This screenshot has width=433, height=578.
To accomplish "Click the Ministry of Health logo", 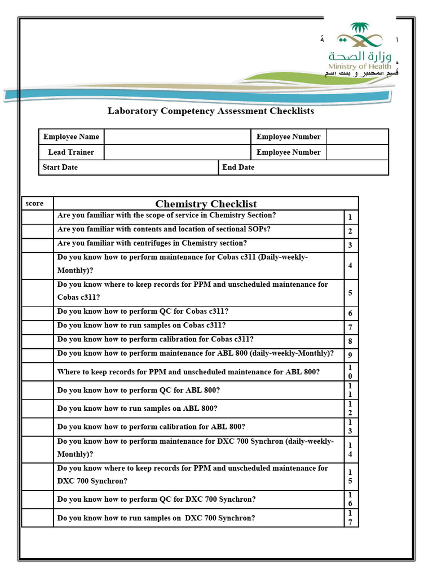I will click(360, 48).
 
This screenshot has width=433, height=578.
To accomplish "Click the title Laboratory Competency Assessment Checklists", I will click(210, 111).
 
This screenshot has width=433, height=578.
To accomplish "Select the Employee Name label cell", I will click(71, 137).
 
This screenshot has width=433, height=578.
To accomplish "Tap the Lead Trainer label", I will click(71, 152).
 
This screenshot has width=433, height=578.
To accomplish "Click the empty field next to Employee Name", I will click(177, 137).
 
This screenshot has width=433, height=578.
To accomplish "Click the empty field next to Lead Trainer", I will click(177, 152).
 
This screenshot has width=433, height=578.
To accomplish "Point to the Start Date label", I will click(60, 168).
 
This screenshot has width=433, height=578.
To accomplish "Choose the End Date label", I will click(238, 168).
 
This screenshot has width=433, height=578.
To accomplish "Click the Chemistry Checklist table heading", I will click(206, 204).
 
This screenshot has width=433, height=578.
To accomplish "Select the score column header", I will click(34, 203).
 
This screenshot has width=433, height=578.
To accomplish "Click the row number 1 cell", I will click(350, 217).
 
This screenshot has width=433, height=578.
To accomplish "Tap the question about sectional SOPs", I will click(164, 229).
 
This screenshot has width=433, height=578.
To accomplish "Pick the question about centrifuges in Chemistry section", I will click(152, 243).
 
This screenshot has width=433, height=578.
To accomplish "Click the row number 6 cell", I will click(350, 314).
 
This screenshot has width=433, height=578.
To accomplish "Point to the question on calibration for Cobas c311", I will click(155, 339).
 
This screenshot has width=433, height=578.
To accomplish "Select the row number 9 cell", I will click(350, 356).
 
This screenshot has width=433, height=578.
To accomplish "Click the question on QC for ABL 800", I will click(138, 390).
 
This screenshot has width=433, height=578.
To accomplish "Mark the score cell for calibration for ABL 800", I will click(37, 427).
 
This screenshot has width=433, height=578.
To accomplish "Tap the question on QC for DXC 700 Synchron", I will click(156, 500).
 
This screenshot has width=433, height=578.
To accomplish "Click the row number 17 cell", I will click(350, 518).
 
